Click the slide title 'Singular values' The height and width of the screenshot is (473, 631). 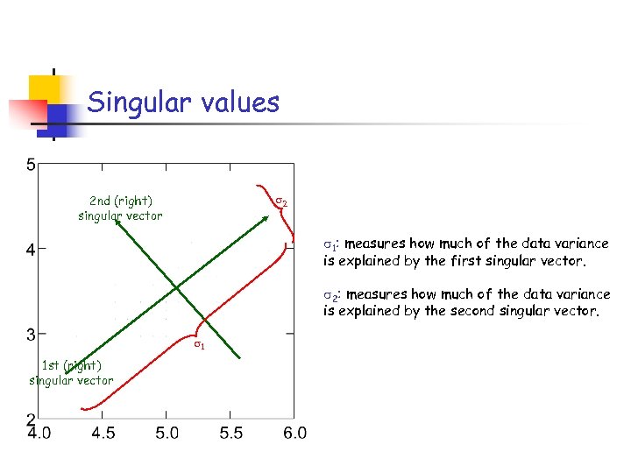(x=183, y=103)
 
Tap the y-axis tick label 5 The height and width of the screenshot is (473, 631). (x=31, y=165)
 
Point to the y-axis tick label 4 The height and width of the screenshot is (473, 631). (x=31, y=250)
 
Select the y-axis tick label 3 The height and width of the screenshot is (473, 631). (x=31, y=334)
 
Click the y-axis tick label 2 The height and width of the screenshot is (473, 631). (x=31, y=419)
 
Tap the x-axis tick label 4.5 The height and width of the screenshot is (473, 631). (x=103, y=433)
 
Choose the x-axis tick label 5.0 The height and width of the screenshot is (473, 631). (x=167, y=433)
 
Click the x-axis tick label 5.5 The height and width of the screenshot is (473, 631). (x=231, y=433)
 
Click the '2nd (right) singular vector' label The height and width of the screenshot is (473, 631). (x=120, y=208)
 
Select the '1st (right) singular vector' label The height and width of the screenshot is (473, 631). (x=71, y=372)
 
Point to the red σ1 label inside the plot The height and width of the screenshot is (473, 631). (x=199, y=344)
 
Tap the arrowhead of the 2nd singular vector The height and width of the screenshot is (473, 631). (x=116, y=224)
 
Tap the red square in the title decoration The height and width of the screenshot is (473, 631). (x=27, y=115)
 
